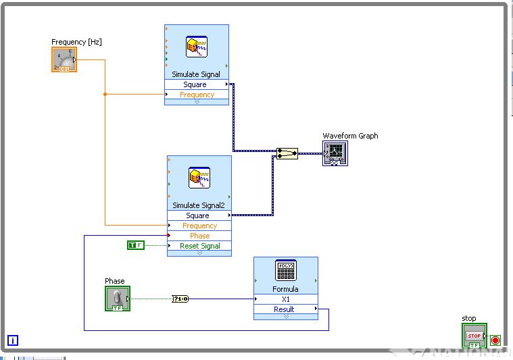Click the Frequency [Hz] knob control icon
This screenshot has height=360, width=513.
tap(64, 59)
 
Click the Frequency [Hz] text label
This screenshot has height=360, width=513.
tap(76, 42)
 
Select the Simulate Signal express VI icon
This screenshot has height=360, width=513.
tap(197, 47)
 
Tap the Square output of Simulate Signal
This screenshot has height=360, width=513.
tap(196, 84)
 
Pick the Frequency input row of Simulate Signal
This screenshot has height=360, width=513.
tap(197, 95)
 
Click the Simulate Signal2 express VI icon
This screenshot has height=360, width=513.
tap(199, 178)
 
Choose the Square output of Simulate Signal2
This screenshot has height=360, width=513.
tap(199, 215)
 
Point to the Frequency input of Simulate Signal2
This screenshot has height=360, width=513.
tap(199, 226)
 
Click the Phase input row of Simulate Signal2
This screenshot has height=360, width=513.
tap(199, 236)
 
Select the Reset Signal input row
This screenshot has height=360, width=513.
tap(199, 246)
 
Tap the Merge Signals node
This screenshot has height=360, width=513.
tap(287, 154)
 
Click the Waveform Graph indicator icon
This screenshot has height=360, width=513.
tap(335, 154)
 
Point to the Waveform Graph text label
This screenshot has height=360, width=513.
tap(350, 136)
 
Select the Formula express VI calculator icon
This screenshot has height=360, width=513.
tap(286, 271)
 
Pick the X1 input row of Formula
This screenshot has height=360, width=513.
tap(285, 299)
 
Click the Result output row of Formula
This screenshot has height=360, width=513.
tap(285, 309)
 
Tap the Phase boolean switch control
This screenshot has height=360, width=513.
tap(118, 299)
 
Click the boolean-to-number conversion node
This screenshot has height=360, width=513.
tap(180, 299)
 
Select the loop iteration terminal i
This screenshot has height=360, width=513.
tap(13, 340)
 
